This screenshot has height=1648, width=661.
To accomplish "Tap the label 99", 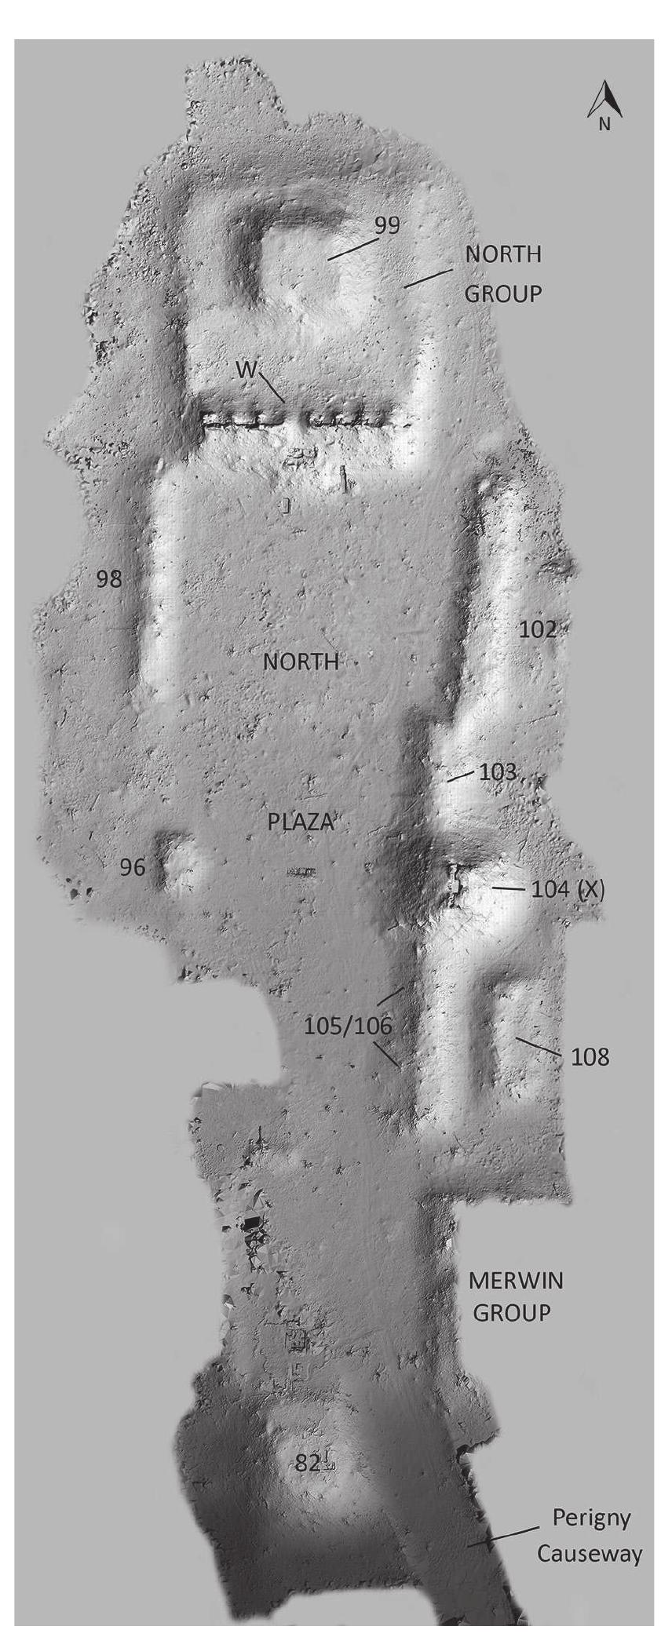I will [x=386, y=225].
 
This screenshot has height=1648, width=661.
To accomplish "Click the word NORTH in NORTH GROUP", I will [x=503, y=254].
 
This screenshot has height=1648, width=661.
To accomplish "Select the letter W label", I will [x=247, y=370].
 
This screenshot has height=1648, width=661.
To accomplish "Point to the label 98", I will [x=109, y=579].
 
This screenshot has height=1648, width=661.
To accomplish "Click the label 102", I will [x=538, y=629].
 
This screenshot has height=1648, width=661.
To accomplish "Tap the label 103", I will [x=498, y=771].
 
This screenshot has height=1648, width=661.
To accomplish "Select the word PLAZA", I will [x=301, y=822].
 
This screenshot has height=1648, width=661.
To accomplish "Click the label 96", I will [x=133, y=867].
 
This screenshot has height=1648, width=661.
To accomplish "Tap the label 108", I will [x=590, y=1057].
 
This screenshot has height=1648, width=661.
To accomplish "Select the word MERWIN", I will [x=516, y=1281].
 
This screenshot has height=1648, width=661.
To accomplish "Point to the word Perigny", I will [x=591, y=1519].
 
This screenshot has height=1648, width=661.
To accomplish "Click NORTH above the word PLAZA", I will [x=301, y=662].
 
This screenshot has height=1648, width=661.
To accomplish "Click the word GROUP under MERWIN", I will [x=511, y=1312].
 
